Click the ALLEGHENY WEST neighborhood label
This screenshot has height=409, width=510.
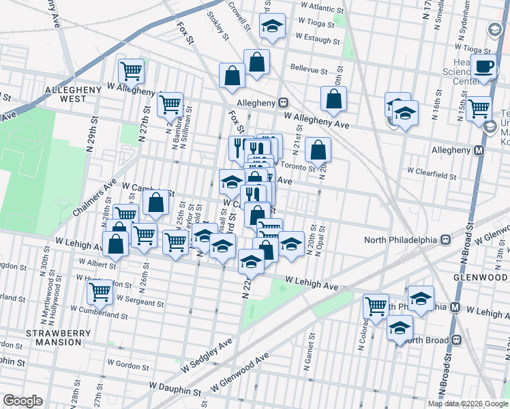[x=66, y=94]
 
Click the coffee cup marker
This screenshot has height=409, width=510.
[x=485, y=67]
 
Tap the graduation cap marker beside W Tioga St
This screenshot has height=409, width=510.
[x=273, y=27]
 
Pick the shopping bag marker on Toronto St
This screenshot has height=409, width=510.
[x=318, y=149]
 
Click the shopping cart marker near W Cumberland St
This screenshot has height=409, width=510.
[x=100, y=292]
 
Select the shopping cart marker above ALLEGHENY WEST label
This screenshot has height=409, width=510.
[x=131, y=70]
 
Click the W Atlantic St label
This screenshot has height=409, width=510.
[x=318, y=9]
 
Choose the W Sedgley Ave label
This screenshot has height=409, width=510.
[x=207, y=355]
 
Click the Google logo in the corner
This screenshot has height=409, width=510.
[x=22, y=401]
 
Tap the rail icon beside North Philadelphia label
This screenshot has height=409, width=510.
[x=446, y=239]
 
